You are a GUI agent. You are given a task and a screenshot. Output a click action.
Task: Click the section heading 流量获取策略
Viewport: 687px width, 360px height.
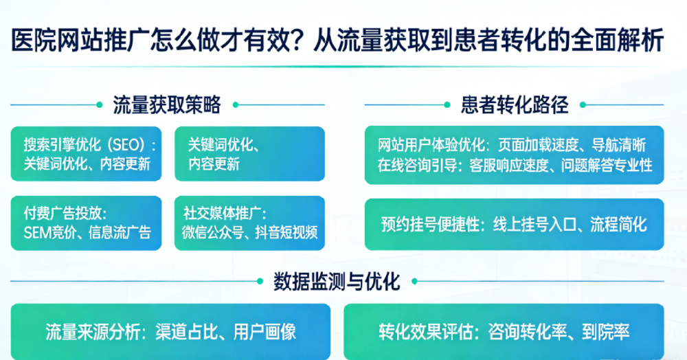(167, 105)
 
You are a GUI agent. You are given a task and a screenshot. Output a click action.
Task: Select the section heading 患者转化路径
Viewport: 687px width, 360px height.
(515, 105)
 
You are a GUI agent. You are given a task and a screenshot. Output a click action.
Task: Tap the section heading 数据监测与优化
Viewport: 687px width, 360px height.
(337, 281)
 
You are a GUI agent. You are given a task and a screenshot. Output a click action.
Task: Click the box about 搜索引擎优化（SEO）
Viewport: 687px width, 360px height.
(87, 154)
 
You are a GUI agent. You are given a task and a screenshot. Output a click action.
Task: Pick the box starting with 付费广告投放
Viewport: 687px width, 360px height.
(87, 222)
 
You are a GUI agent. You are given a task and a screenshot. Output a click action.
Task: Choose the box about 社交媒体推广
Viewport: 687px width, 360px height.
(249, 222)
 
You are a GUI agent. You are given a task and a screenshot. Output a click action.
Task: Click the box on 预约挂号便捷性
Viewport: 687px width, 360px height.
(514, 225)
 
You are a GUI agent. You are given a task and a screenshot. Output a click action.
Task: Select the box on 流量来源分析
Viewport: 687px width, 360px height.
(170, 333)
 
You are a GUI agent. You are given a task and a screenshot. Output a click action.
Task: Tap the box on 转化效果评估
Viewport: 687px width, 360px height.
(504, 333)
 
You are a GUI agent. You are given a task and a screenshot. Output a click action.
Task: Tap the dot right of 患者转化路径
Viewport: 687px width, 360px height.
(584, 105)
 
